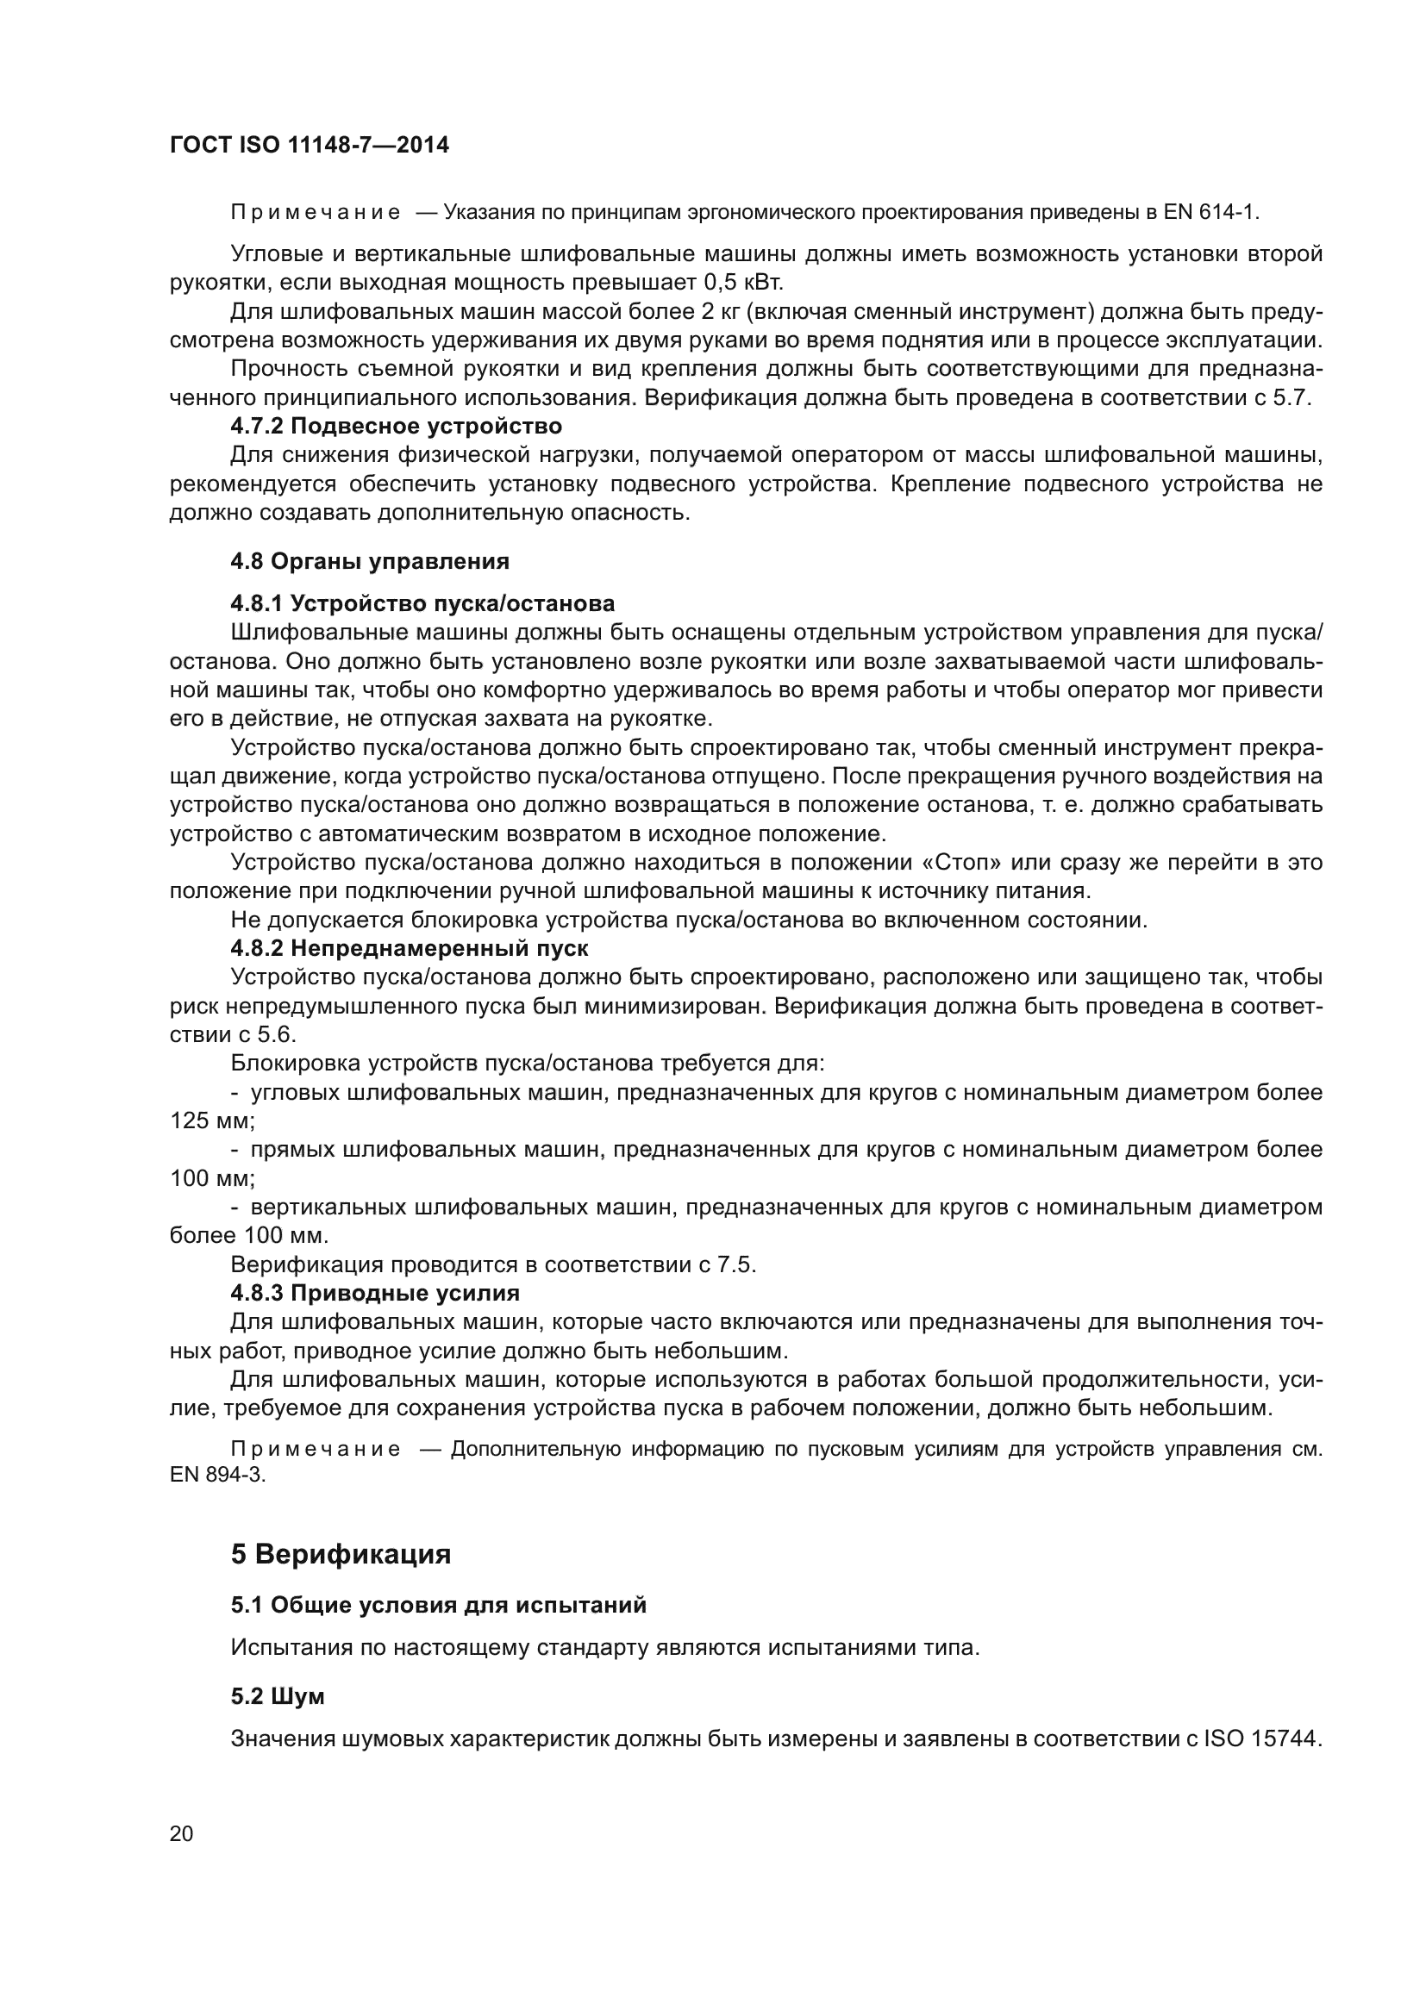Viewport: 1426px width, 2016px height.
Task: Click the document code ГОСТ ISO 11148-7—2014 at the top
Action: (x=310, y=145)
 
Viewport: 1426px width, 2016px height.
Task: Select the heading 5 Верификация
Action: (x=341, y=1554)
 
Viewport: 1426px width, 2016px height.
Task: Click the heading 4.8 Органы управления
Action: (x=370, y=561)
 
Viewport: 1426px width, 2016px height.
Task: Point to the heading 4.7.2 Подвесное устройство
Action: (x=396, y=427)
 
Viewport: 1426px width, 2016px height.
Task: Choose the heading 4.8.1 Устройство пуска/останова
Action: (x=422, y=603)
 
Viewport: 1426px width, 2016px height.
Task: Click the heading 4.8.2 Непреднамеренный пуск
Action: (x=410, y=948)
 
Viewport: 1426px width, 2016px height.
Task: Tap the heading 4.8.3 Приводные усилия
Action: (x=375, y=1293)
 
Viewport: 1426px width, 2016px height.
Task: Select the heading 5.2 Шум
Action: (x=278, y=1696)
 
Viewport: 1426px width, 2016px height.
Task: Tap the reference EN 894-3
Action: (x=216, y=1475)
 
